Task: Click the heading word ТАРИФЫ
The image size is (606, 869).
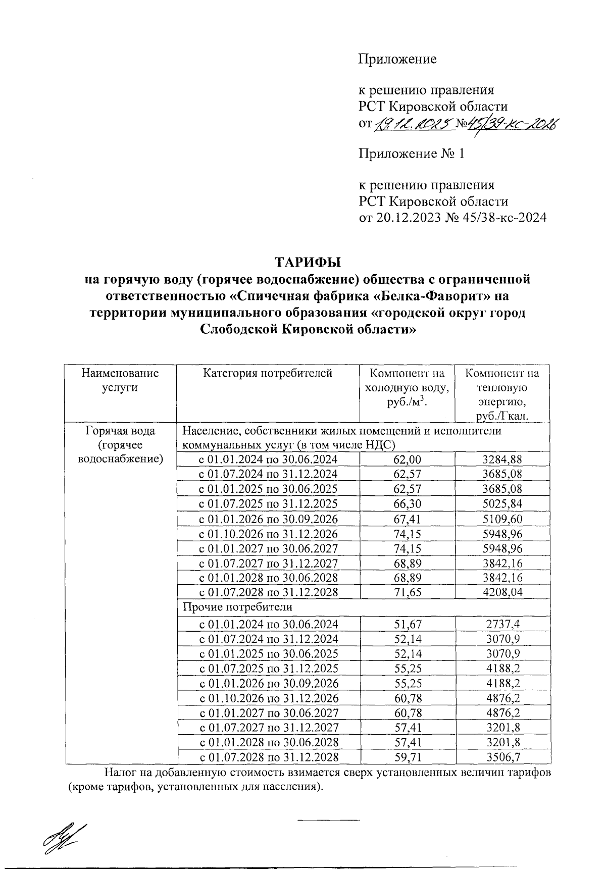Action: (x=308, y=263)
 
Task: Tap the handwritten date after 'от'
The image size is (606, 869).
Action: (x=412, y=124)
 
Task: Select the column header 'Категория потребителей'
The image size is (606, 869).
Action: (x=268, y=374)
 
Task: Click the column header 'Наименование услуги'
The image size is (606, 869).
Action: (x=120, y=380)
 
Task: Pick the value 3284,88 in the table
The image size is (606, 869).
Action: (x=502, y=459)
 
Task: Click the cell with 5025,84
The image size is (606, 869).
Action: (x=502, y=504)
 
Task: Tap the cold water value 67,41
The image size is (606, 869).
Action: (x=407, y=519)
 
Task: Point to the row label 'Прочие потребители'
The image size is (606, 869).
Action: (x=237, y=606)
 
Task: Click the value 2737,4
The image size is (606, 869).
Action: (x=502, y=624)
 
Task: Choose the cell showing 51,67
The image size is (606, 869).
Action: (x=407, y=624)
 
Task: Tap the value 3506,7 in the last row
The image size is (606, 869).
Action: (x=502, y=757)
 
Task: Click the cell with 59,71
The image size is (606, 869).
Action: (x=407, y=757)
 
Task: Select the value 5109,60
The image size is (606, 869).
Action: (x=502, y=519)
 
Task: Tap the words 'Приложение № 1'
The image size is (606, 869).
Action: (x=411, y=154)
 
